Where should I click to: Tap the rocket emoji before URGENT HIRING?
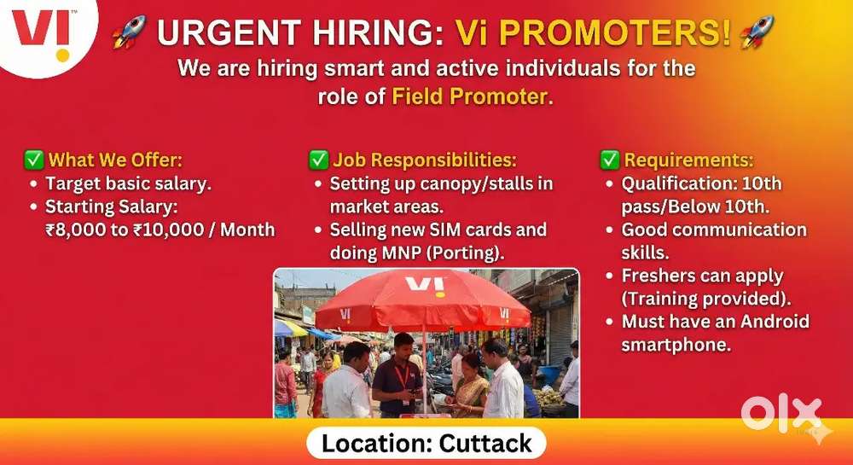130,33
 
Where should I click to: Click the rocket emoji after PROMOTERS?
757,32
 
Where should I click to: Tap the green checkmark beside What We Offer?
34,160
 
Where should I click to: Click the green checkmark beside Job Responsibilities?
318,160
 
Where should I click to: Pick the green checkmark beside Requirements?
609,160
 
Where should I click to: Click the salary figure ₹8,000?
79,229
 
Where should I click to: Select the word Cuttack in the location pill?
485,444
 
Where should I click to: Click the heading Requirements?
689,160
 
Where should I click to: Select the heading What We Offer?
115,160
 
